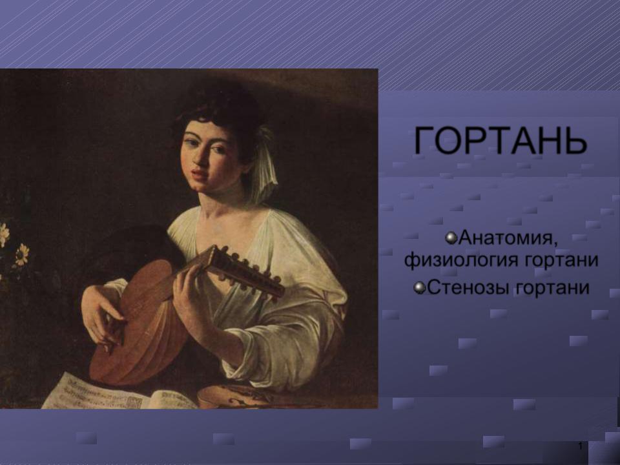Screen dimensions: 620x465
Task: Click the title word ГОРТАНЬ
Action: [x=500, y=140]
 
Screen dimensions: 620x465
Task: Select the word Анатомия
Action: [x=509, y=238]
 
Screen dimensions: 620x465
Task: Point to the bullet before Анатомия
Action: [x=451, y=238]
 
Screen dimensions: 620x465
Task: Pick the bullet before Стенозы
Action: [x=420, y=288]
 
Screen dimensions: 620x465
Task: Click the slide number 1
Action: [x=580, y=446]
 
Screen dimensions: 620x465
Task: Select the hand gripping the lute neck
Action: [x=189, y=289]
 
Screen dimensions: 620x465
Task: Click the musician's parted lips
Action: [x=200, y=174]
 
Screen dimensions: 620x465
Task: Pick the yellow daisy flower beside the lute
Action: [x=22, y=254]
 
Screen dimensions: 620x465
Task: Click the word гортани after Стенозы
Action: [x=552, y=287]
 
